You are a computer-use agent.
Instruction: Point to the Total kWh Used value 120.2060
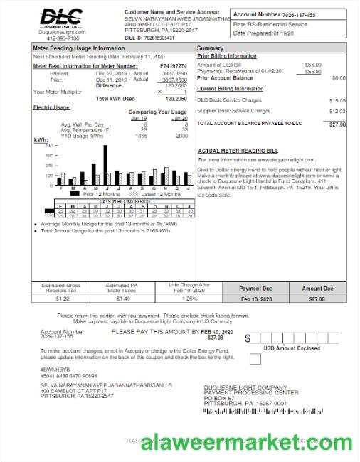(175, 99)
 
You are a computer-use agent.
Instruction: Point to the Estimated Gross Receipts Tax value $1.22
(63, 299)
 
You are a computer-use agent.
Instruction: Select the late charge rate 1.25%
(190, 299)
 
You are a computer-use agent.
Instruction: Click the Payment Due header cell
(255, 289)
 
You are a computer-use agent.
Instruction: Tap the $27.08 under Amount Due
(317, 299)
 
